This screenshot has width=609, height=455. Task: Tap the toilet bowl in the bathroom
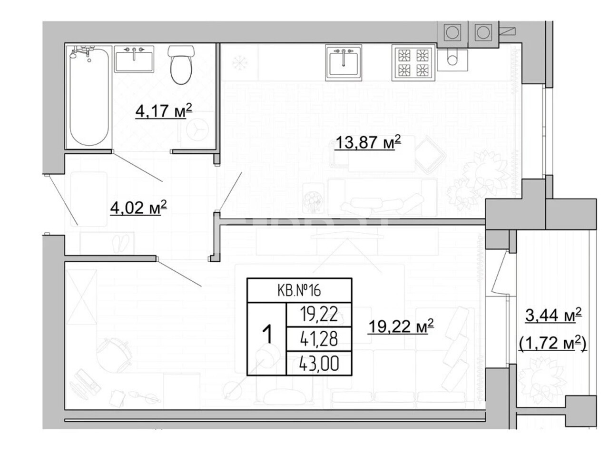[x=181, y=65]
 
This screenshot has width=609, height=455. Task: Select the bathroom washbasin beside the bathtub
[x=134, y=59]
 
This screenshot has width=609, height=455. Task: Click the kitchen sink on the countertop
[x=344, y=63]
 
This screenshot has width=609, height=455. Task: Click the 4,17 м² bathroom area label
[x=164, y=111]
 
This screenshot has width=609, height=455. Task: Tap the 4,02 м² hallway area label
[x=138, y=208]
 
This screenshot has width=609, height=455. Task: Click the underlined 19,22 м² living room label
[x=401, y=326]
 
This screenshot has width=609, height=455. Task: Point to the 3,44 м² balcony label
[x=553, y=316]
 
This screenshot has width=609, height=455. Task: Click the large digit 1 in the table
[x=267, y=335]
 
